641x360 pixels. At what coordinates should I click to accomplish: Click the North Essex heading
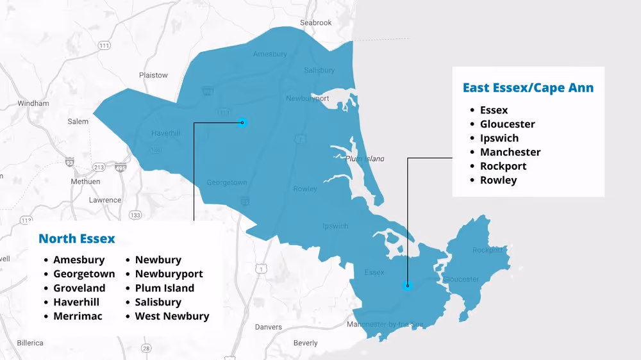click(77, 239)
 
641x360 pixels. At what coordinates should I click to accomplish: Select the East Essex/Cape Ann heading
click(528, 88)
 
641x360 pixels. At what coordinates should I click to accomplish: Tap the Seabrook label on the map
click(315, 23)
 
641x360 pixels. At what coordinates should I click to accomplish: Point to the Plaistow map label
click(153, 75)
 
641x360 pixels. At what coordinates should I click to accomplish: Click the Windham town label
click(33, 103)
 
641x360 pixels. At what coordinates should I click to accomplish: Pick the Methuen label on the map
click(85, 181)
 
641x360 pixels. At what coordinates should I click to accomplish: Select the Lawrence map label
click(104, 200)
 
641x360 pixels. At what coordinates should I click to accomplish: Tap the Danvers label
click(268, 327)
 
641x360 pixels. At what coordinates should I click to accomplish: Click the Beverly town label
click(305, 343)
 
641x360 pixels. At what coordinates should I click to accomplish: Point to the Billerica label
click(29, 343)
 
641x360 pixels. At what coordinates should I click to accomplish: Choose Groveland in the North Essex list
click(79, 288)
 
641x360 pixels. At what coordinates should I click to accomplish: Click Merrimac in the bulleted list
click(78, 316)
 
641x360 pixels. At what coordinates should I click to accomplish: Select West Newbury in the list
click(172, 316)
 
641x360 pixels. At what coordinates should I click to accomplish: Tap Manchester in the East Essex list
click(510, 152)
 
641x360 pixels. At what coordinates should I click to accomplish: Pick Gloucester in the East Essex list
click(507, 124)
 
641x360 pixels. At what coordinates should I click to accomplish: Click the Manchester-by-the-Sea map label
click(385, 324)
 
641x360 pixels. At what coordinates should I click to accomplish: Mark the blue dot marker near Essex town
click(407, 286)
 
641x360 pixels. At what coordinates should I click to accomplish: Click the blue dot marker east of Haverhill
click(242, 122)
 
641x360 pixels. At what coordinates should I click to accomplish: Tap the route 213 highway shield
click(99, 167)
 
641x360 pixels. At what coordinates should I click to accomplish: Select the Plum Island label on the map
click(365, 158)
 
